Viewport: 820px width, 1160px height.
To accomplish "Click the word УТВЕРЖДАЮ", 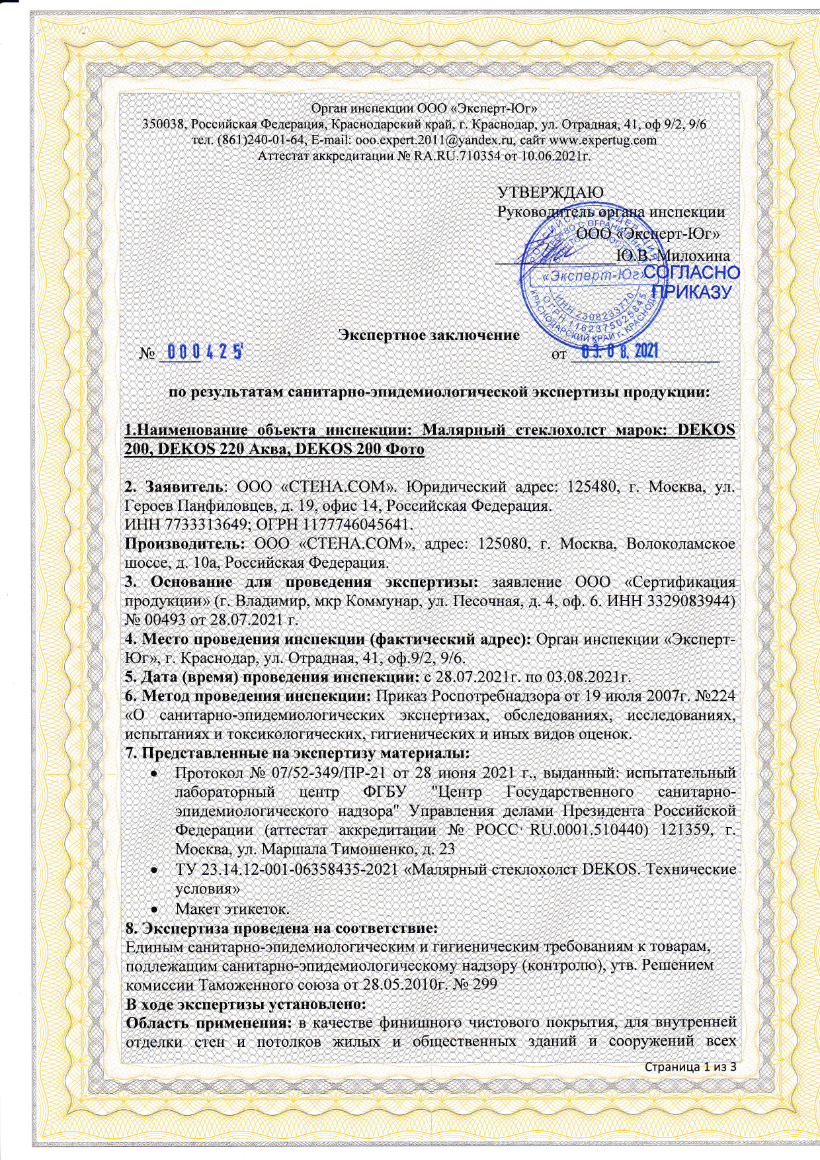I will (550, 192).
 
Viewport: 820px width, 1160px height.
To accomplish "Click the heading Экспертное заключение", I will (429, 334).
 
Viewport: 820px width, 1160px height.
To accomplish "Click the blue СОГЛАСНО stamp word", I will (691, 273).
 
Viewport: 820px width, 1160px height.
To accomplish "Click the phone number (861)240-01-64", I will (261, 140).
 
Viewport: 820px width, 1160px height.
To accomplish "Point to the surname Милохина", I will (693, 255).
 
